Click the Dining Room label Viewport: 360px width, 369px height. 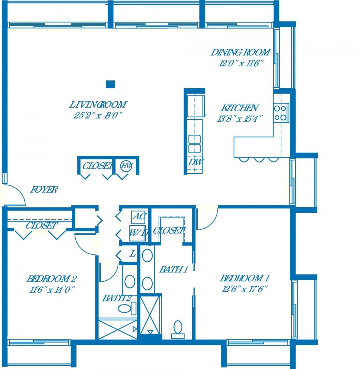click(x=240, y=52)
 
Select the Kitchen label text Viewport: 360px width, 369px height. click(x=239, y=108)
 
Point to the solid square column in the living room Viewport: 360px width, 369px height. click(x=110, y=84)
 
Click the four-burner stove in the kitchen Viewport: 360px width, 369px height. click(x=281, y=113)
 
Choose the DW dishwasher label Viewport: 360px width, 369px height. click(x=196, y=162)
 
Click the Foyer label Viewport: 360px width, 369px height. click(x=44, y=189)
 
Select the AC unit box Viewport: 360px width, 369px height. click(x=138, y=217)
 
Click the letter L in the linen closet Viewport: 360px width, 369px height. click(x=133, y=253)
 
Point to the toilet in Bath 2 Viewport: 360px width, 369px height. click(x=127, y=308)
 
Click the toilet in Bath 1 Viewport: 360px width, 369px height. click(x=178, y=329)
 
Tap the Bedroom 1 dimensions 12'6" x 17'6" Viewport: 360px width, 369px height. click(x=244, y=289)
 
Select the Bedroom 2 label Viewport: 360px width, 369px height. click(x=52, y=279)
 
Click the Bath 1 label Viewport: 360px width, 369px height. click(x=173, y=269)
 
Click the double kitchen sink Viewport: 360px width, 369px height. click(x=194, y=144)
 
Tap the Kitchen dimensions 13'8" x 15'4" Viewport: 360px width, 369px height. click(x=240, y=119)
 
